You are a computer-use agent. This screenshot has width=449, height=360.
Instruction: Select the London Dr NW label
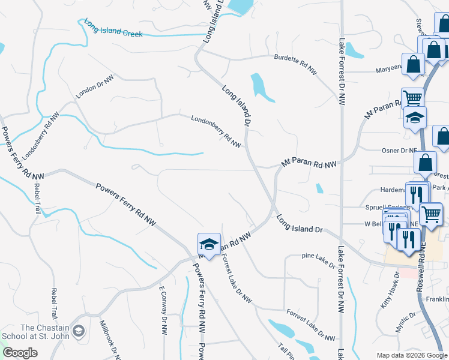[94, 88]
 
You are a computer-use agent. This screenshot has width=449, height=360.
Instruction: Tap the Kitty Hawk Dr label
[390, 290]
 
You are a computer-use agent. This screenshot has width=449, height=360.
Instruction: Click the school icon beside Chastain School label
[79, 331]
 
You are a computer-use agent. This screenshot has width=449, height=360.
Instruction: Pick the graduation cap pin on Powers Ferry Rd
[208, 244]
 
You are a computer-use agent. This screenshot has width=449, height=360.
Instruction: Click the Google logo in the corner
[20, 353]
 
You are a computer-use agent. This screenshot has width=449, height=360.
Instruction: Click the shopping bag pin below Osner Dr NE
[425, 162]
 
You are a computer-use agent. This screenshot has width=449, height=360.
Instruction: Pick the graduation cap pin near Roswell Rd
[414, 118]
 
